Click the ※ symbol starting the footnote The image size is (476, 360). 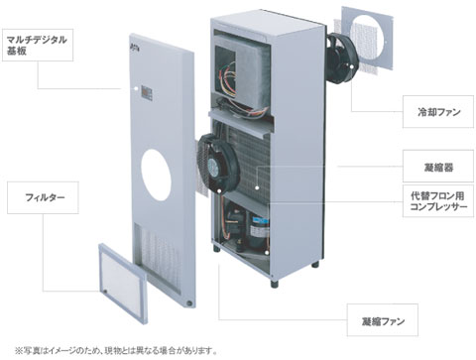pyautogui.click(x=6, y=349)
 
